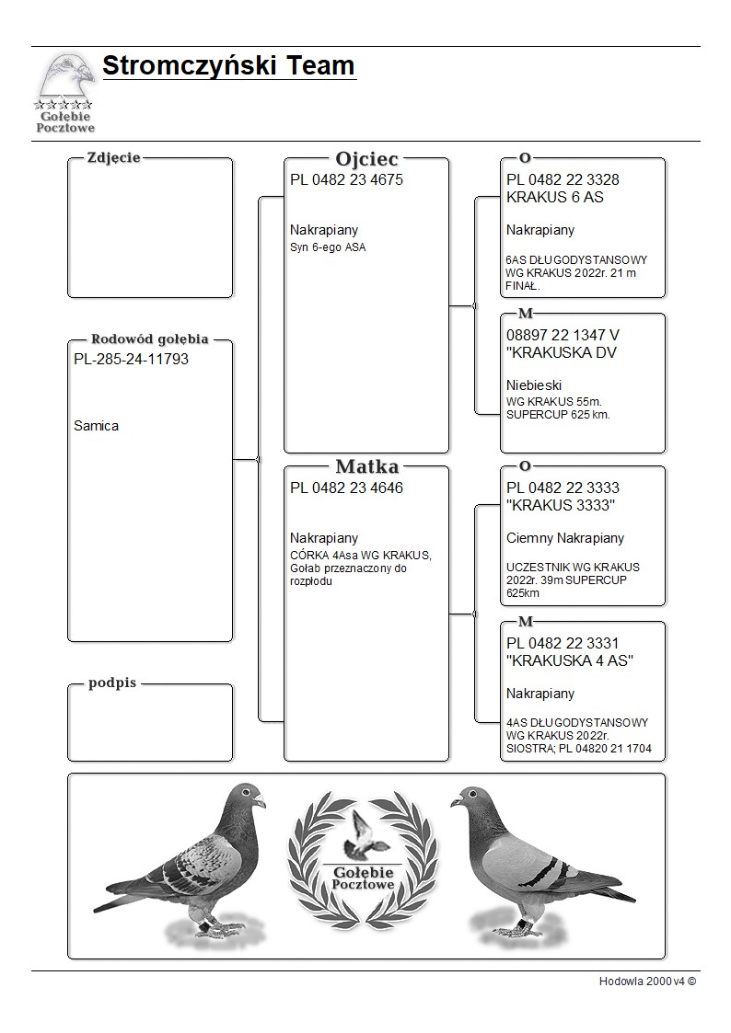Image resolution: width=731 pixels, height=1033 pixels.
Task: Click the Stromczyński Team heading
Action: pos(228,66)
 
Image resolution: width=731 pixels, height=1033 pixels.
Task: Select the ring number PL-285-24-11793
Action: pos(131,359)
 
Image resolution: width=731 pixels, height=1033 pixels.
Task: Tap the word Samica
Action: pos(96,426)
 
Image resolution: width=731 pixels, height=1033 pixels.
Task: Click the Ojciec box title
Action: pos(366,159)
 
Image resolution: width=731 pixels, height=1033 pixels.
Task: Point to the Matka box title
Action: pos(366,466)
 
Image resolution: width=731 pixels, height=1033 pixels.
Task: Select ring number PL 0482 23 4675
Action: pos(346,180)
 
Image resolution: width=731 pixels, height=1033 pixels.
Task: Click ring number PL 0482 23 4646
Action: pos(346,488)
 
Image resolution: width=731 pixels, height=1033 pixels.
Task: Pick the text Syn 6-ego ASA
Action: pos(328,247)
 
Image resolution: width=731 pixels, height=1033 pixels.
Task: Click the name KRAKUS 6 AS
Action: pos(555,198)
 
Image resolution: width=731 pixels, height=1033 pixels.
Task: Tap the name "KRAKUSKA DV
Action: pos(562,353)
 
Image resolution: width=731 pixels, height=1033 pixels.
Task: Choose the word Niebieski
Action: pos(534,385)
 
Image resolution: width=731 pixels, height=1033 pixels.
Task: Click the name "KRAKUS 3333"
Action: pos(561,506)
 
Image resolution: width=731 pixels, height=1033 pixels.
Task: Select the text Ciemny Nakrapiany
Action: pos(565,538)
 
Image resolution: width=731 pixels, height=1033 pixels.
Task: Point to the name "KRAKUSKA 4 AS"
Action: pos(570,661)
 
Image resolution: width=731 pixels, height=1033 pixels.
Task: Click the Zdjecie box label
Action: pos(113,157)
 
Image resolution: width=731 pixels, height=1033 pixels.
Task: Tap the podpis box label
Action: pos(112,683)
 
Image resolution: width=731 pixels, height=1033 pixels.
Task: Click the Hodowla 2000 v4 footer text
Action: pos(647,981)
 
